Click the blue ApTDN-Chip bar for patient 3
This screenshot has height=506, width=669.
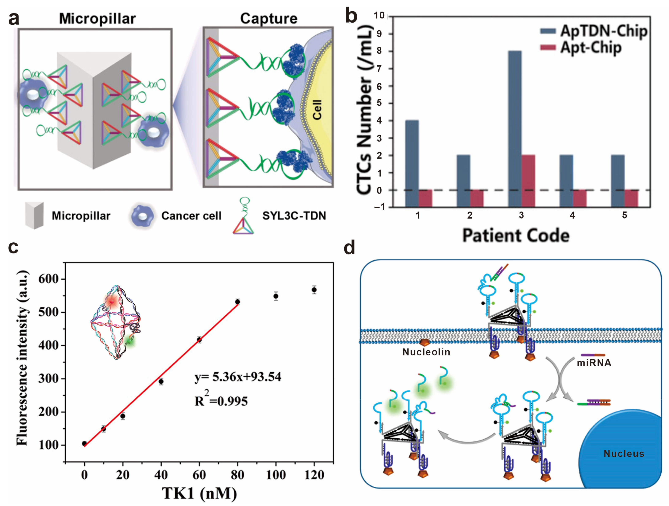point(515,121)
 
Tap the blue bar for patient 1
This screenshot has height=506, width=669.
point(412,156)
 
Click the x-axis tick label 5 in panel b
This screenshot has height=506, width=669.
point(624,215)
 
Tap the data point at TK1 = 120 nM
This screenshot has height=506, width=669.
point(314,290)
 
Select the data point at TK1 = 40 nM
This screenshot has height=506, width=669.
point(161,381)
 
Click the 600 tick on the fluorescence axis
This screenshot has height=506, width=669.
point(48,279)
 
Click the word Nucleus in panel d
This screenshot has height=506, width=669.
point(624,454)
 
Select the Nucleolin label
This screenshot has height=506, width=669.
point(426,352)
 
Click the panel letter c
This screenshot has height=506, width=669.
point(13,247)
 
